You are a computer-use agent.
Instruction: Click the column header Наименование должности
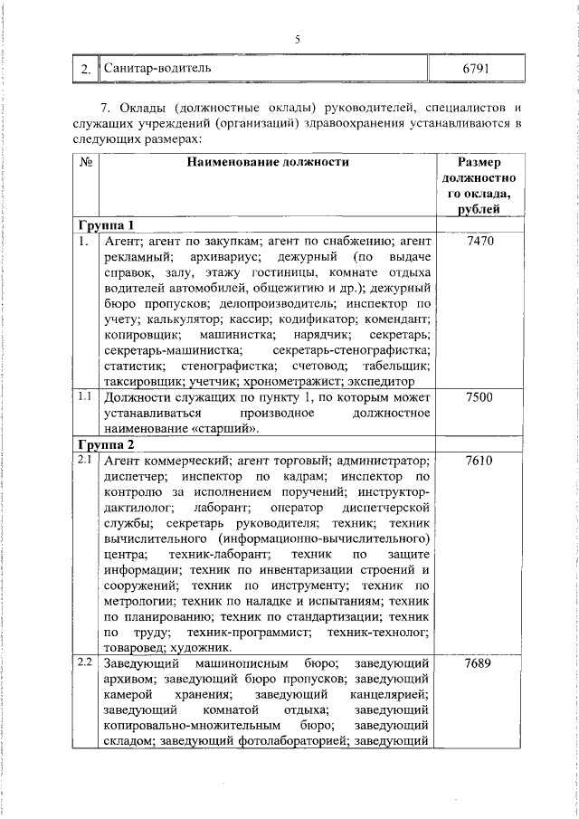pos(268,163)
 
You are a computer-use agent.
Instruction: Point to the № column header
pos(86,163)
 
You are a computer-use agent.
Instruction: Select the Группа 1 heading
pos(106,225)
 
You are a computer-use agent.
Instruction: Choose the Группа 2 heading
pos(106,445)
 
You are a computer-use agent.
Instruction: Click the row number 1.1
pos(85,396)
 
